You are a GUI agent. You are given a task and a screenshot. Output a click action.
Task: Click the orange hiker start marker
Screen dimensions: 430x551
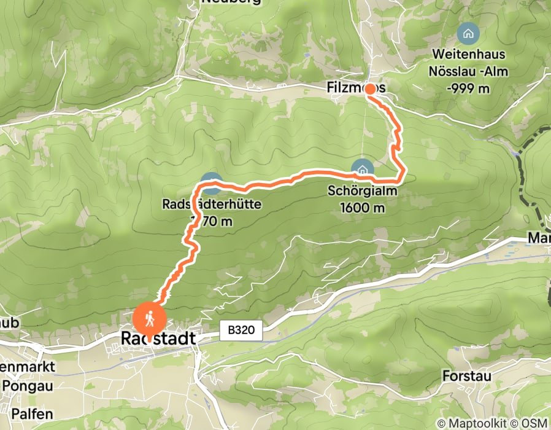tap(149, 319)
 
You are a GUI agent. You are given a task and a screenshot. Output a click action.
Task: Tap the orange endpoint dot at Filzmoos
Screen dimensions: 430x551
tap(371, 89)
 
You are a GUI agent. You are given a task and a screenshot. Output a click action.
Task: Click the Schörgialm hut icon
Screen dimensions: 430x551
tap(362, 168)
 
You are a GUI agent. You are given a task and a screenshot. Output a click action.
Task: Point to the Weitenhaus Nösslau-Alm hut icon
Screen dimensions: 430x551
tap(469, 32)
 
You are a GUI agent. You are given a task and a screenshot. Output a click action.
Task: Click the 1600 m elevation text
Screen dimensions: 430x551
tap(362, 208)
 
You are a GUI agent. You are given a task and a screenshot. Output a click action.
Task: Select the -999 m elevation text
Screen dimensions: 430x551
tap(469, 88)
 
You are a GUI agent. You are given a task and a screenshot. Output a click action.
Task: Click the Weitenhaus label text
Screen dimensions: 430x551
tap(469, 56)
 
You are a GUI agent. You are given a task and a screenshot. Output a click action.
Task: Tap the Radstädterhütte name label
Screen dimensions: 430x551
tap(212, 204)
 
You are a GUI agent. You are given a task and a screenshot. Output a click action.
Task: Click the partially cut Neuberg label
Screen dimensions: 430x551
tap(230, 2)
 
